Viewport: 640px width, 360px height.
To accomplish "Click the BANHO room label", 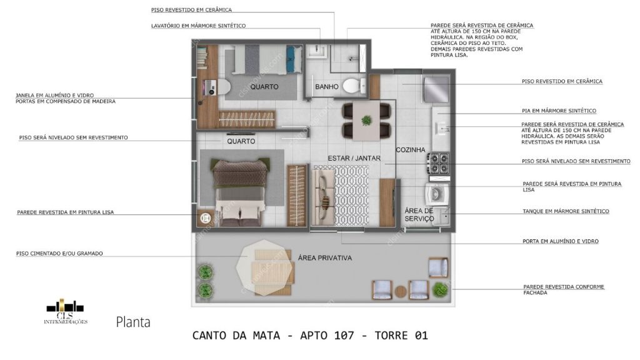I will [x=326, y=86].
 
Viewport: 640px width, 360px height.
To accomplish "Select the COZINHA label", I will [x=410, y=150].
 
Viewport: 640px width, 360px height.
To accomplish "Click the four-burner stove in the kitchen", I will [x=437, y=164].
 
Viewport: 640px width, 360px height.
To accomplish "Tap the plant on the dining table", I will [x=366, y=121].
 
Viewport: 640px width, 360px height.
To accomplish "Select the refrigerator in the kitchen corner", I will [x=436, y=88].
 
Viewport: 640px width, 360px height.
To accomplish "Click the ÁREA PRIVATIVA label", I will [x=325, y=257].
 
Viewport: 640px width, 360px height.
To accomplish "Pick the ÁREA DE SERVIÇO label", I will [x=419, y=214].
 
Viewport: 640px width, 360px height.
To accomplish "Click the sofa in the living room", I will [x=324, y=194].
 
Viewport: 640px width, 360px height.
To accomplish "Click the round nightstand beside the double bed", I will [x=206, y=218].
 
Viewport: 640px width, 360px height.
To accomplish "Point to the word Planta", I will [x=132, y=322].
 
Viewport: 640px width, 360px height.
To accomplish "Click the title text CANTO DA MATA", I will [x=236, y=336].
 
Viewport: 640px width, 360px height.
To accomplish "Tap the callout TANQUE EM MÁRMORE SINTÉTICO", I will [x=565, y=211].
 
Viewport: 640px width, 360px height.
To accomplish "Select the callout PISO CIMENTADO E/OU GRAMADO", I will [x=60, y=253].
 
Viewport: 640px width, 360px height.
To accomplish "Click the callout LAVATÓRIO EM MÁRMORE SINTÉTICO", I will [x=198, y=26].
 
